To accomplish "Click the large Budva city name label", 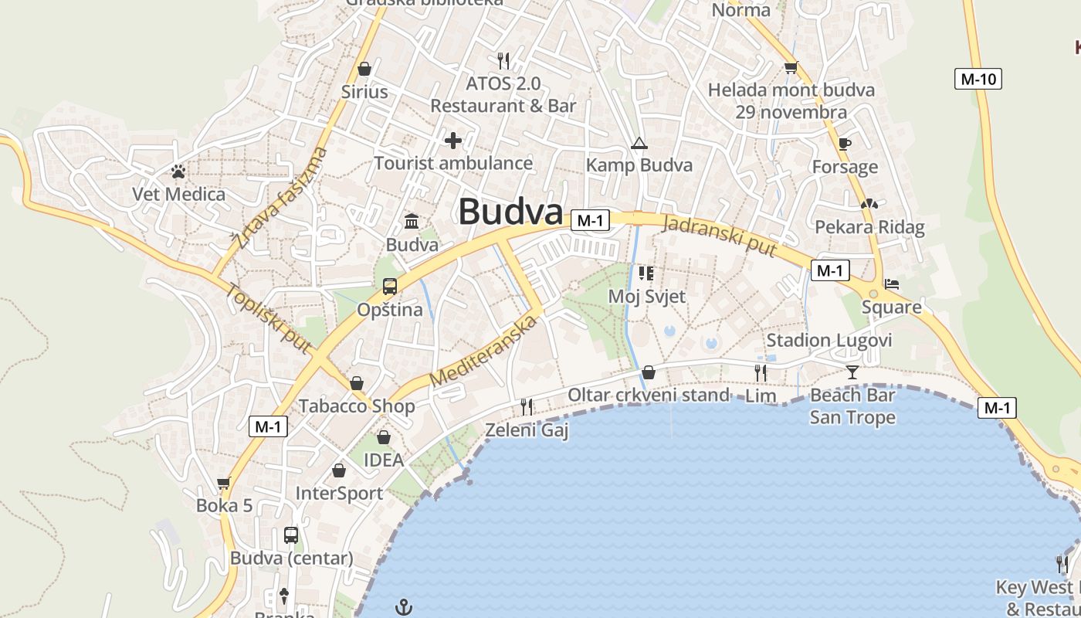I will [x=510, y=212].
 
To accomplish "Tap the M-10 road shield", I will [x=978, y=79].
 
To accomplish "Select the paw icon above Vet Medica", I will [x=178, y=171].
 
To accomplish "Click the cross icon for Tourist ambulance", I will [x=453, y=141].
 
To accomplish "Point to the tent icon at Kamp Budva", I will [x=639, y=143].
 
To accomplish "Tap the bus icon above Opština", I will [x=390, y=287].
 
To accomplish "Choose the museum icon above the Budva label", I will [x=412, y=222].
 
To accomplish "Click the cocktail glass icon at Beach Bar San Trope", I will [x=852, y=372].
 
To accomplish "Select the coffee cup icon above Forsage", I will [x=845, y=144].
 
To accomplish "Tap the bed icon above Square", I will [x=892, y=284].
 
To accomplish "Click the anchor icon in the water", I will [x=403, y=607].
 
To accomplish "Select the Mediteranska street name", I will [x=483, y=351].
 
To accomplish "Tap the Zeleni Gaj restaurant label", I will [x=527, y=430].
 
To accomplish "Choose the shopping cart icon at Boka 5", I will [x=224, y=484].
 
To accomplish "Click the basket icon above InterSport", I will [x=339, y=470].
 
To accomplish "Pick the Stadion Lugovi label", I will [x=829, y=341].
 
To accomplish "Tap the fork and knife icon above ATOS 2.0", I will [x=503, y=60].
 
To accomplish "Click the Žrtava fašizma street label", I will [x=282, y=199].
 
